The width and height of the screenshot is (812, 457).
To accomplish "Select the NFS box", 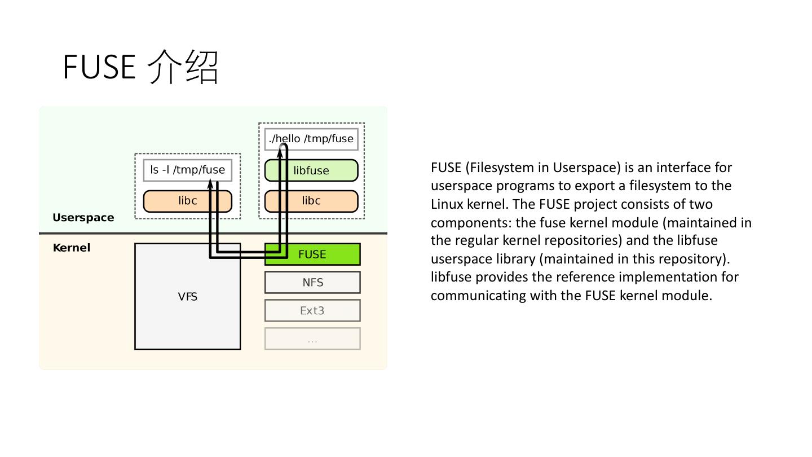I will pyautogui.click(x=312, y=283).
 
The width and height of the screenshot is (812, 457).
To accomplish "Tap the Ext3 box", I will pyautogui.click(x=312, y=311).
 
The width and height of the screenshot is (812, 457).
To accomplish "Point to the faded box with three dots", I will pyautogui.click(x=312, y=339).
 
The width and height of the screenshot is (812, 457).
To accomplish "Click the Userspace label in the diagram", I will pyautogui.click(x=83, y=218).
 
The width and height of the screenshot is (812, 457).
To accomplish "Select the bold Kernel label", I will pyautogui.click(x=71, y=248).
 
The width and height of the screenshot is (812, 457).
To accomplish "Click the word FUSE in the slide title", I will pyautogui.click(x=99, y=67).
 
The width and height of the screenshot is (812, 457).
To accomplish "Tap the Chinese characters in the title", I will pyautogui.click(x=183, y=67).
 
